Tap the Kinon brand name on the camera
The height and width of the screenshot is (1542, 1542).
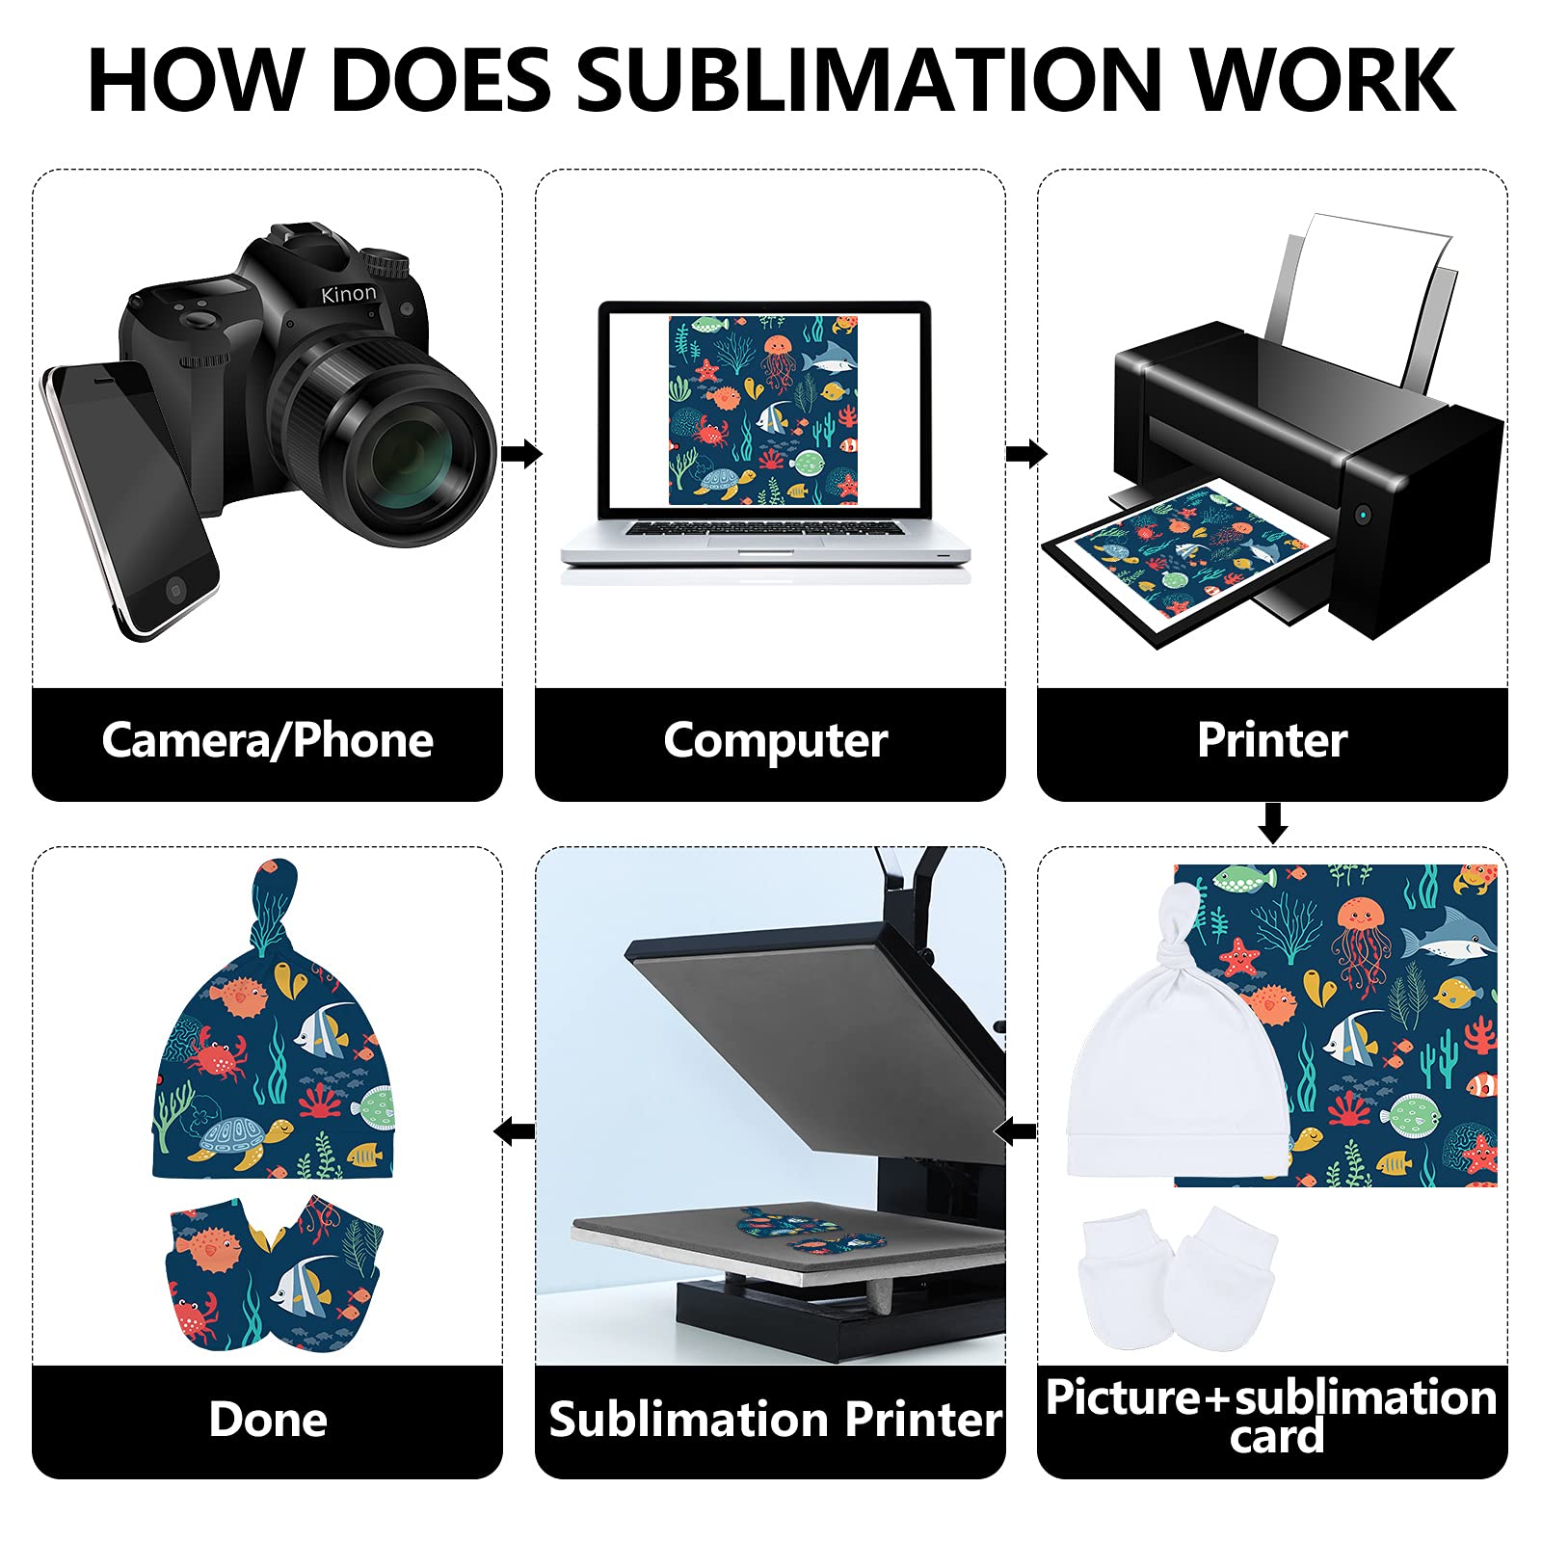[349, 294]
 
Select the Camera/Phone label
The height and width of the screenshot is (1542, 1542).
[267, 740]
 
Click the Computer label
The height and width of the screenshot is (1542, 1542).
[775, 740]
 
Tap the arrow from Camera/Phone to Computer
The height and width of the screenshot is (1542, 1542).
[521, 453]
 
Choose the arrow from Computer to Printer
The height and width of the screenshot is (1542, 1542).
[1025, 453]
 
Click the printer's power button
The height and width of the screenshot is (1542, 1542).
[1362, 514]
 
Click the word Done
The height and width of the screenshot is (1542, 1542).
[268, 1420]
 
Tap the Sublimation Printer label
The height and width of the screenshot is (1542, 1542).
[775, 1420]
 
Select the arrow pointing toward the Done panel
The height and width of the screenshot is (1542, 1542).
[514, 1130]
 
